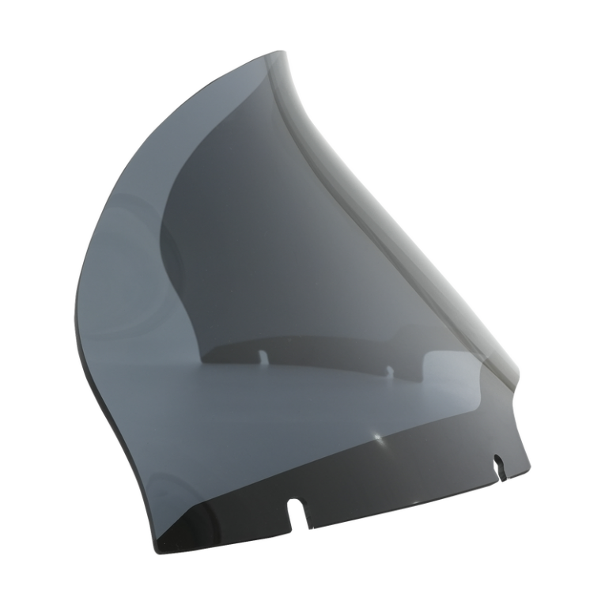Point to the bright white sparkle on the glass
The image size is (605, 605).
point(377,437)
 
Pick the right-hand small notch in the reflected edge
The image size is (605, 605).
point(389,370)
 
